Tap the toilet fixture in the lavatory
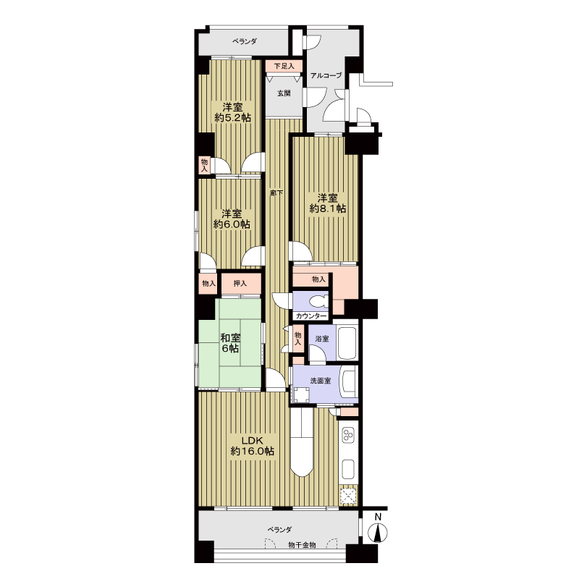point(318,301)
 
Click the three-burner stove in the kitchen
point(348,435)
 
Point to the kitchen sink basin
point(348,469)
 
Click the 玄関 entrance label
point(284,93)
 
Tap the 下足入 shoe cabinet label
point(284,66)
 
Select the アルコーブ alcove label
point(326,75)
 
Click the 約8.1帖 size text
point(328,208)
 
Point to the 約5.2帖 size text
point(232,118)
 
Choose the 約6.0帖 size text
point(232,224)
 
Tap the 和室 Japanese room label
point(230,337)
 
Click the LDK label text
point(252,440)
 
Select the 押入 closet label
point(240,284)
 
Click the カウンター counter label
point(311,316)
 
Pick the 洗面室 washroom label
point(320,381)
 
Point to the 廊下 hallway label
point(277,193)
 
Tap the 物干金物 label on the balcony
point(302,545)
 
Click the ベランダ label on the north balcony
point(245,41)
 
